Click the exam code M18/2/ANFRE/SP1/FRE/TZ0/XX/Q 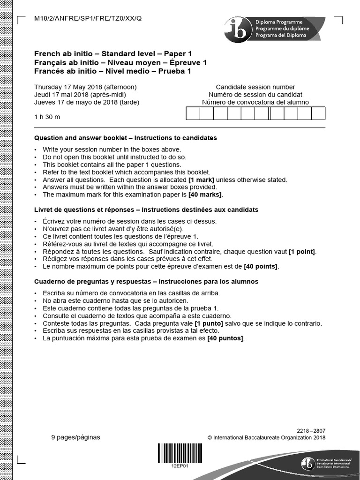(x=88, y=19)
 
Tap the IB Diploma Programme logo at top (x=274, y=29)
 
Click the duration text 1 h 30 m (x=47, y=117)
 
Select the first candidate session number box (x=193, y=113)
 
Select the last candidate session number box (x=318, y=113)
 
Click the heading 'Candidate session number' (x=255, y=87)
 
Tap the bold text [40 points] (x=261, y=266)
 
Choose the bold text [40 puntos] (x=225, y=338)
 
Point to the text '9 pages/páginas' (x=75, y=437)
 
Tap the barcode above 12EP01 (x=180, y=453)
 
